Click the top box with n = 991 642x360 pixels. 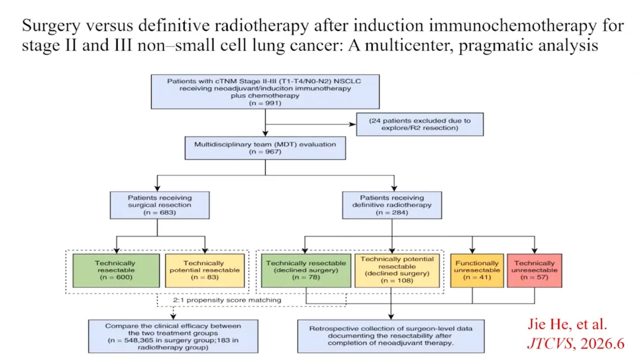(265, 91)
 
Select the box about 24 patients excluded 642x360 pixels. (420, 124)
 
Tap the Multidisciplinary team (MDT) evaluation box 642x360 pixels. (265, 148)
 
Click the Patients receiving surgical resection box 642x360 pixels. (160, 205)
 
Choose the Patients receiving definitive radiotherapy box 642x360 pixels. (392, 205)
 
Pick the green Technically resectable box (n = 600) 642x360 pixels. (117, 270)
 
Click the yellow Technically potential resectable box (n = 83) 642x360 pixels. (204, 270)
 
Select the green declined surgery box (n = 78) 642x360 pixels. (306, 270)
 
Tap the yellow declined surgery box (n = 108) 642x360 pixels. (397, 270)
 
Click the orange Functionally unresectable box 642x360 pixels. (477, 270)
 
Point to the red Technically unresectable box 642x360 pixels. (534, 270)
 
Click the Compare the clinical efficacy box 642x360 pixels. (173, 336)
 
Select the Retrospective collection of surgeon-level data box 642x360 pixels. (391, 336)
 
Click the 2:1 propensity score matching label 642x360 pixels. (227, 300)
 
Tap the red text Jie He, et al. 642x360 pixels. (567, 324)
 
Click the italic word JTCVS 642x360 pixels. (549, 343)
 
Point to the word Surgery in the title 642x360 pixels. (51, 26)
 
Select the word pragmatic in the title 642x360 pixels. (496, 46)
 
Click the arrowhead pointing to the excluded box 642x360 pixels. (353, 124)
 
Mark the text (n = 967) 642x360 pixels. (265, 151)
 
